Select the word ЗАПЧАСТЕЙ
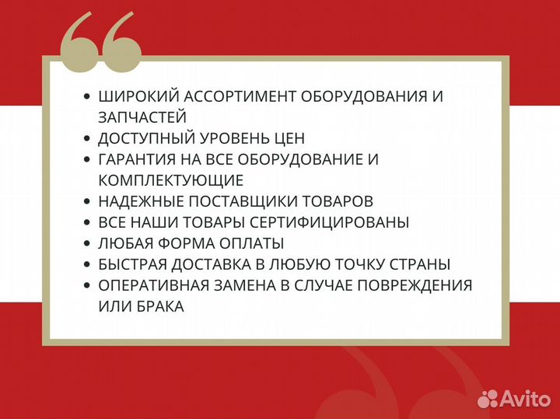tap(142, 117)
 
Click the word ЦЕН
tap(287, 138)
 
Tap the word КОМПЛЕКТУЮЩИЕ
tap(170, 180)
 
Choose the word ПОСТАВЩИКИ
tap(252, 201)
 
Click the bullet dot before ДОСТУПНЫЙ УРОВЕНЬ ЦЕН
tap(86, 138)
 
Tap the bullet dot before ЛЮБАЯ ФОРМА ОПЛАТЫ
tap(86, 243)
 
